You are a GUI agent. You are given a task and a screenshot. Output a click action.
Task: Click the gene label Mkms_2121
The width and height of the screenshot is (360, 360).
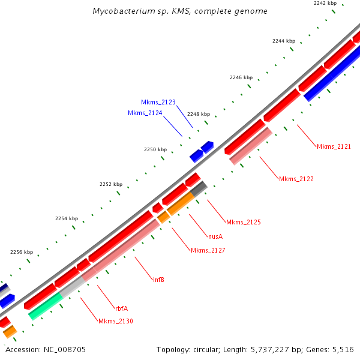point(334,146)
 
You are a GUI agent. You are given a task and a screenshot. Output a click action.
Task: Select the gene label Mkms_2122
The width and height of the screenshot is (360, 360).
point(296,179)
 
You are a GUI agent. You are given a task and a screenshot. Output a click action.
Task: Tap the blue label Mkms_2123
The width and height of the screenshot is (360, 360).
point(158,103)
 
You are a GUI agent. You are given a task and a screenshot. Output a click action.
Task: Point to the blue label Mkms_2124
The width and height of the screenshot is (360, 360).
point(145,113)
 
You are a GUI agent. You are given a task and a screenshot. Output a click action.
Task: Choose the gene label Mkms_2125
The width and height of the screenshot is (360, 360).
point(243,222)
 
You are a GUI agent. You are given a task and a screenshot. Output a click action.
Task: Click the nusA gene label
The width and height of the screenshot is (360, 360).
point(215,236)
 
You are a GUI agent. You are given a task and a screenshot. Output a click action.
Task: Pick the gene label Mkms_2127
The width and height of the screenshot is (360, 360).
point(208,250)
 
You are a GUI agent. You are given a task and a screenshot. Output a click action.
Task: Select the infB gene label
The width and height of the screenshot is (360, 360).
point(158,280)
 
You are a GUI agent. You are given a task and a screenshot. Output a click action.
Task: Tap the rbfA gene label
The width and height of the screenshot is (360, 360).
point(121,308)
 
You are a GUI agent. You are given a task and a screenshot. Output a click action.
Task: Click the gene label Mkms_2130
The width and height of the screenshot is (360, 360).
point(116,321)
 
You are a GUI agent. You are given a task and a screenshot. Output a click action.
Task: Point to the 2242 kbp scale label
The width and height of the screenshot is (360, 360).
point(325,4)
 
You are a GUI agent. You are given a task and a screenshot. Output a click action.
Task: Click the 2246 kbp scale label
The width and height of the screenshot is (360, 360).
point(241,78)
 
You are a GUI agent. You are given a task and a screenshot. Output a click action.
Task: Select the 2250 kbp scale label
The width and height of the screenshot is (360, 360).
point(155,149)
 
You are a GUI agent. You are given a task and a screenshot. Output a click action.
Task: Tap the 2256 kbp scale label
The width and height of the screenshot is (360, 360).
point(21,253)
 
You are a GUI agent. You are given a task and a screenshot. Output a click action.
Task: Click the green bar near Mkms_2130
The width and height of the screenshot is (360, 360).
point(44,306)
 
